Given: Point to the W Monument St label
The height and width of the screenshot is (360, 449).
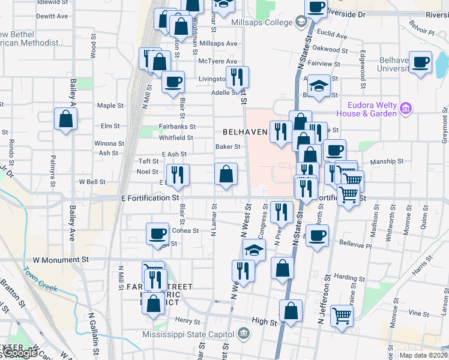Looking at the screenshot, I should (61, 260).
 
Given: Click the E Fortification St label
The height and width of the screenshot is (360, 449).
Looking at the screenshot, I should (150, 197).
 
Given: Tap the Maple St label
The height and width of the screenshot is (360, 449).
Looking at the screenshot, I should (110, 106).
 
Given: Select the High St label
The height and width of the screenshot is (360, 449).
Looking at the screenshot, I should (264, 322).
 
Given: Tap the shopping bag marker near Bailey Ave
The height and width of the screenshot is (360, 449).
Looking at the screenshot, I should (65, 119).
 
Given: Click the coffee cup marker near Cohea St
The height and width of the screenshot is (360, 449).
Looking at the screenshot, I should (158, 233).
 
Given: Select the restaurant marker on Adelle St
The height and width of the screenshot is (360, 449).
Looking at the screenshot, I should (237, 77).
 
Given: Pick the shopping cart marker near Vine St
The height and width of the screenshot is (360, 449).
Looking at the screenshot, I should (342, 314).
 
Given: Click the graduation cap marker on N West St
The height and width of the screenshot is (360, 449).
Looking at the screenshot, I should (254, 250).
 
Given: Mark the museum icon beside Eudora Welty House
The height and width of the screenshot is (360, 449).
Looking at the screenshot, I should (406, 109).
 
